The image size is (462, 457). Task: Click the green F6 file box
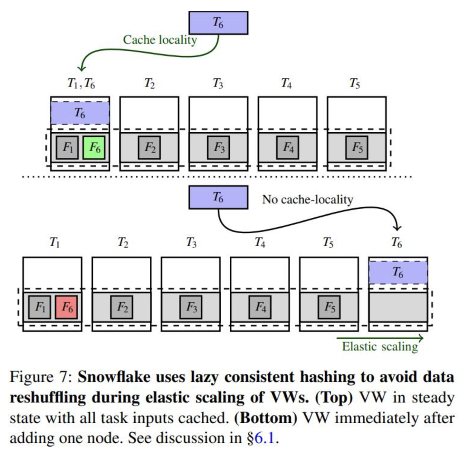click(94, 147)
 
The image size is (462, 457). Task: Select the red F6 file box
click(66, 307)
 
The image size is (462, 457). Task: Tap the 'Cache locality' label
click(160, 40)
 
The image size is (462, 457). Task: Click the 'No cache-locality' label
click(308, 199)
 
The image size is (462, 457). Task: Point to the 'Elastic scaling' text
click(380, 347)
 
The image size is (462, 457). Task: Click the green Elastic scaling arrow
click(380, 338)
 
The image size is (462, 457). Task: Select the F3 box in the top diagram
click(218, 147)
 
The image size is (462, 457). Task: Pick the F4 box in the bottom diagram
click(260, 307)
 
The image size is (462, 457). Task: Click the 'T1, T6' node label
click(81, 83)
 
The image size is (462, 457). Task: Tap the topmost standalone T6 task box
click(218, 23)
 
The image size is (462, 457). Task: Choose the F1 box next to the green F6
click(67, 147)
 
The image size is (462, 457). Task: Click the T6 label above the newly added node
click(397, 243)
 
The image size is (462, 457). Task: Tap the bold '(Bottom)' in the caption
click(266, 418)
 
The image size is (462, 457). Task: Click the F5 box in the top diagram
click(357, 147)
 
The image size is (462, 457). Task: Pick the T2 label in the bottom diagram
click(123, 243)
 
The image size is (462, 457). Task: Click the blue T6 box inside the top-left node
click(80, 113)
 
